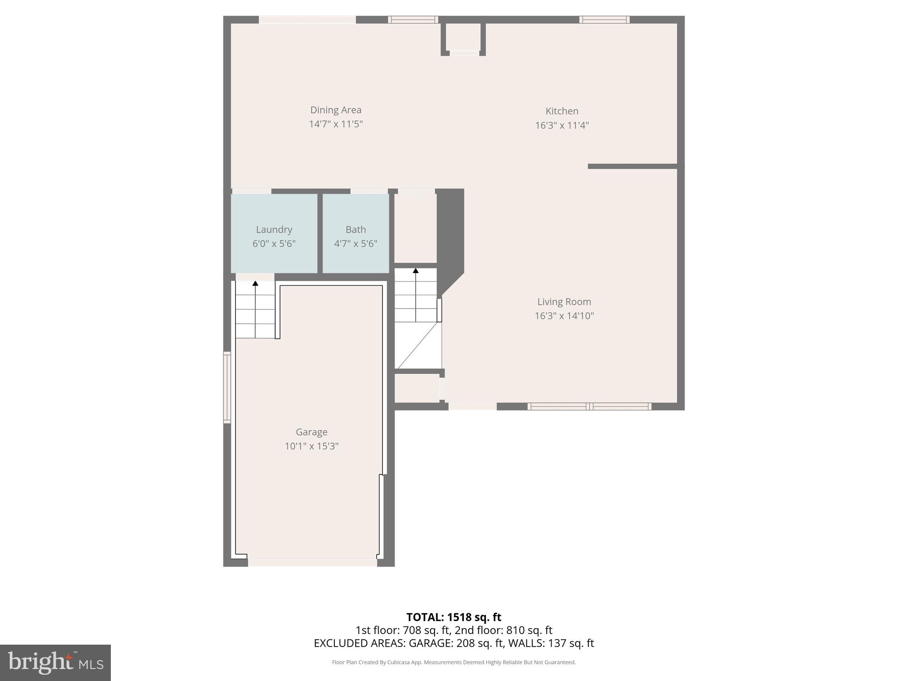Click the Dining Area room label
point(336,110)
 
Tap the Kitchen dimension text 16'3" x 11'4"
point(562,125)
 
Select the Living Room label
point(564,302)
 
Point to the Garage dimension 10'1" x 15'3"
point(311,446)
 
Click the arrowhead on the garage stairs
point(255,283)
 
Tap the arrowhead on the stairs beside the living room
point(416,270)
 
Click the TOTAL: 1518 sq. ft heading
point(454,617)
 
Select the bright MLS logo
point(55,662)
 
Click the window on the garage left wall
point(227,387)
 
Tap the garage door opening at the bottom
point(312,563)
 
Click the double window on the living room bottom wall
point(589,407)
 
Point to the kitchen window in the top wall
point(604,20)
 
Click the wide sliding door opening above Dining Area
point(307,20)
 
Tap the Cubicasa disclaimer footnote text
point(454,662)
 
